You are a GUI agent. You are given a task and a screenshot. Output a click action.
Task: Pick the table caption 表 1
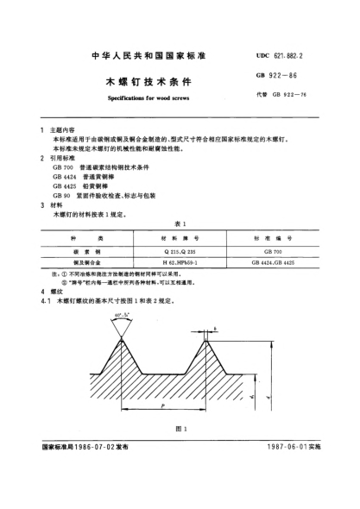tap(179, 222)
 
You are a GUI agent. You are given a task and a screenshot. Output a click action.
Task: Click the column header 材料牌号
tap(179, 236)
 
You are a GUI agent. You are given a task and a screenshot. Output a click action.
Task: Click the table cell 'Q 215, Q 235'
tap(179, 248)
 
